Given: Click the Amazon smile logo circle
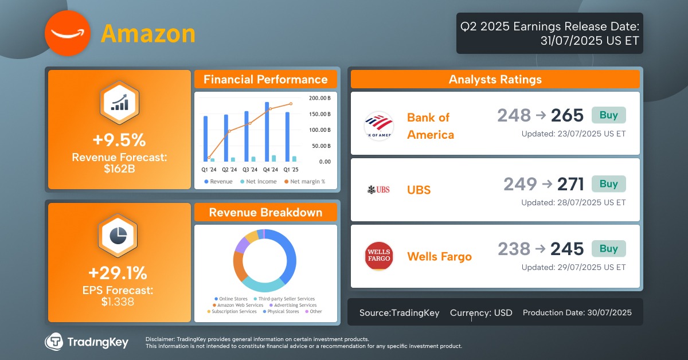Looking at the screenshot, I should click(68, 34).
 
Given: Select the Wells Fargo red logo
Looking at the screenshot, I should click(378, 256).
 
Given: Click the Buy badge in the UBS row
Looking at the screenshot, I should click(608, 184).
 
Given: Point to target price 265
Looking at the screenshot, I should click(567, 116).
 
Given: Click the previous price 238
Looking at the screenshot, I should click(514, 249).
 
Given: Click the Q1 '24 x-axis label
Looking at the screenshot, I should click(209, 170).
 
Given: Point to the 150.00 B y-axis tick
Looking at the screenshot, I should click(320, 114).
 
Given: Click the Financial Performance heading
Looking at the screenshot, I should click(265, 80).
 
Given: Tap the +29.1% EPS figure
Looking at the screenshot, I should click(118, 272).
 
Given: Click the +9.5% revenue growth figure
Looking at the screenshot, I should click(119, 140).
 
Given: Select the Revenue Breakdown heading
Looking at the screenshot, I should click(265, 213).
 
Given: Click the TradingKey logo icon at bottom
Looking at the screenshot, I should click(54, 342).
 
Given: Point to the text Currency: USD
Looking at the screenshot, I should click(481, 312).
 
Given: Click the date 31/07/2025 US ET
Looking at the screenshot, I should click(589, 41).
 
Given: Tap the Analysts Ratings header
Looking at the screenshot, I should click(495, 80).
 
